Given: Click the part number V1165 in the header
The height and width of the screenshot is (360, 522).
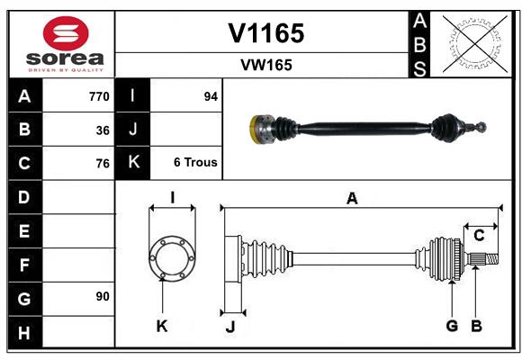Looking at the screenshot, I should (x=265, y=33).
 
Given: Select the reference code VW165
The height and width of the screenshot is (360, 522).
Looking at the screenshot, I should (x=265, y=65).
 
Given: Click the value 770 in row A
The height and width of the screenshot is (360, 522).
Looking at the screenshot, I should (x=99, y=96).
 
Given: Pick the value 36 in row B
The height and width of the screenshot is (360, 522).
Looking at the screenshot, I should (x=103, y=130).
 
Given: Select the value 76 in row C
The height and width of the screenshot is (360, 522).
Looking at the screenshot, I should (x=103, y=164).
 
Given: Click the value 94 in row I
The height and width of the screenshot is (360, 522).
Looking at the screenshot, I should (x=211, y=96).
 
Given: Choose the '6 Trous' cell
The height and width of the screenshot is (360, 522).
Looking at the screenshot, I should (x=195, y=163).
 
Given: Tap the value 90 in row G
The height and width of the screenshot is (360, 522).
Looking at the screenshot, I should (x=103, y=296).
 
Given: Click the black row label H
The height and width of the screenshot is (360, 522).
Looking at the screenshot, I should (x=23, y=334).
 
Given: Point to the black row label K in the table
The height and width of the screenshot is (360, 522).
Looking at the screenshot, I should (x=133, y=163).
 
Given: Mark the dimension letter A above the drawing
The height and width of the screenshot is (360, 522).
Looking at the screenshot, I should (x=352, y=199).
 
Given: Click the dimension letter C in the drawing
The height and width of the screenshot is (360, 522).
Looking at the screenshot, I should (x=480, y=236).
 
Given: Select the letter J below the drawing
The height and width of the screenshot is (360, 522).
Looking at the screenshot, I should (x=229, y=328).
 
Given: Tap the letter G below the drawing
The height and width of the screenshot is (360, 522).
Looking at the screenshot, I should (x=452, y=326).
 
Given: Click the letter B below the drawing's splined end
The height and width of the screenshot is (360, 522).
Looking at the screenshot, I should (x=477, y=326).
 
